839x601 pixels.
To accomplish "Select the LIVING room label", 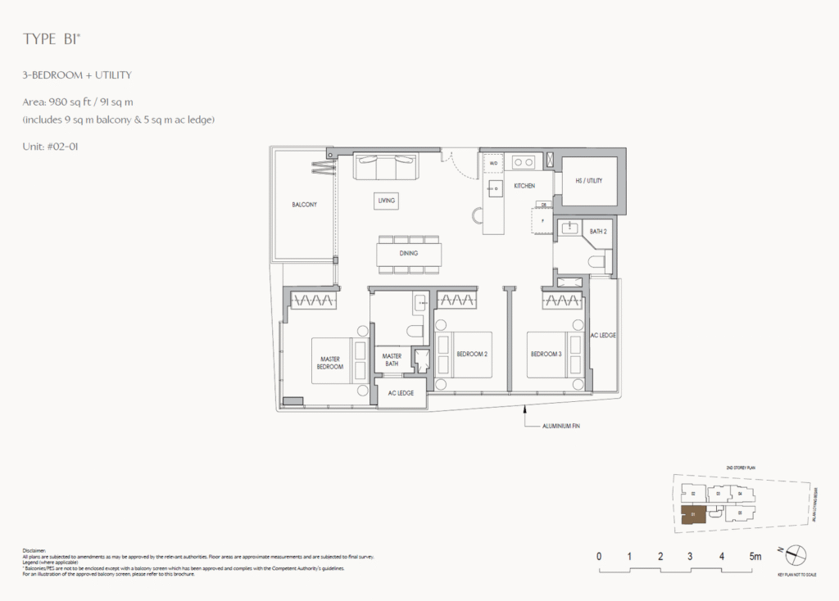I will coord(387,200).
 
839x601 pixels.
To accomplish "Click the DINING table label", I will coord(409,253).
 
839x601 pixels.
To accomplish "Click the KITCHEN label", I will coord(524,186).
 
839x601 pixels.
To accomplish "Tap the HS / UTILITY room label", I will coord(588,180).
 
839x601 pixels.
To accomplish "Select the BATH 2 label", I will coord(598,232).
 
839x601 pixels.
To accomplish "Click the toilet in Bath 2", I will coord(596,262).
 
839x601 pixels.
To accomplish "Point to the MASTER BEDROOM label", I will coord(330,364).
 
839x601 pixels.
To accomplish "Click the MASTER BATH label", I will coord(392,359).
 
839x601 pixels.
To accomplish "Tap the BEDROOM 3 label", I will coord(546,354).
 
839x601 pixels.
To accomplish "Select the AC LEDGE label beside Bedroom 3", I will coord(604,336).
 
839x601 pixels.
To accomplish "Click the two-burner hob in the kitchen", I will coord(524,162).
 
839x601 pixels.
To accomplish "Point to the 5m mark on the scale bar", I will coord(754,557).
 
